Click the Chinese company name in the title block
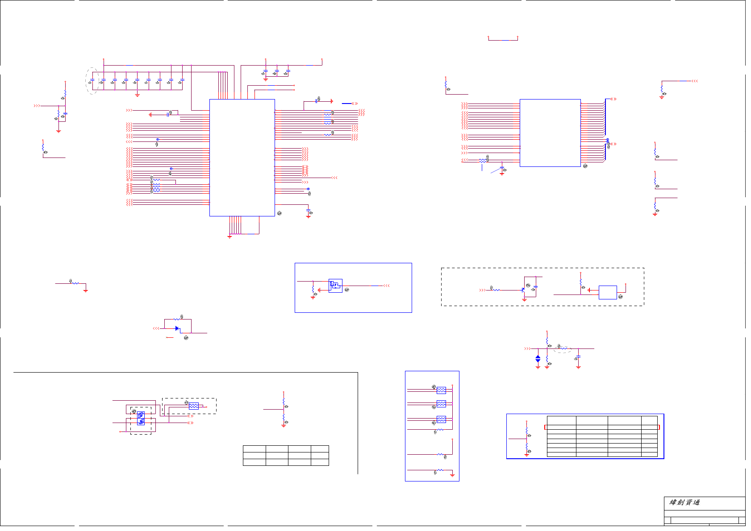[684, 502]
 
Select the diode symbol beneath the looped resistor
[177, 328]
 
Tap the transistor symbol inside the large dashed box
[523, 290]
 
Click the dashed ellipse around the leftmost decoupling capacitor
[92, 81]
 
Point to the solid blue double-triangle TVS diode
[538, 358]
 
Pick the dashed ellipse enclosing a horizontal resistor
[563, 348]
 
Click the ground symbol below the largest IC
[229, 236]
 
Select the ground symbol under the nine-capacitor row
[137, 95]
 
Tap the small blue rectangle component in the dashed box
[607, 292]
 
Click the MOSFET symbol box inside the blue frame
[335, 286]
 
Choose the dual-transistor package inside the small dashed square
[141, 418]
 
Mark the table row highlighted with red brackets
[602, 427]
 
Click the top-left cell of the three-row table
[254, 448]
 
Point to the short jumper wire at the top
[503, 40]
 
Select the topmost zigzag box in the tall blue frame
[441, 390]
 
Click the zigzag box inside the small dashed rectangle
[193, 406]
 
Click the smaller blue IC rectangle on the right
[550, 133]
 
